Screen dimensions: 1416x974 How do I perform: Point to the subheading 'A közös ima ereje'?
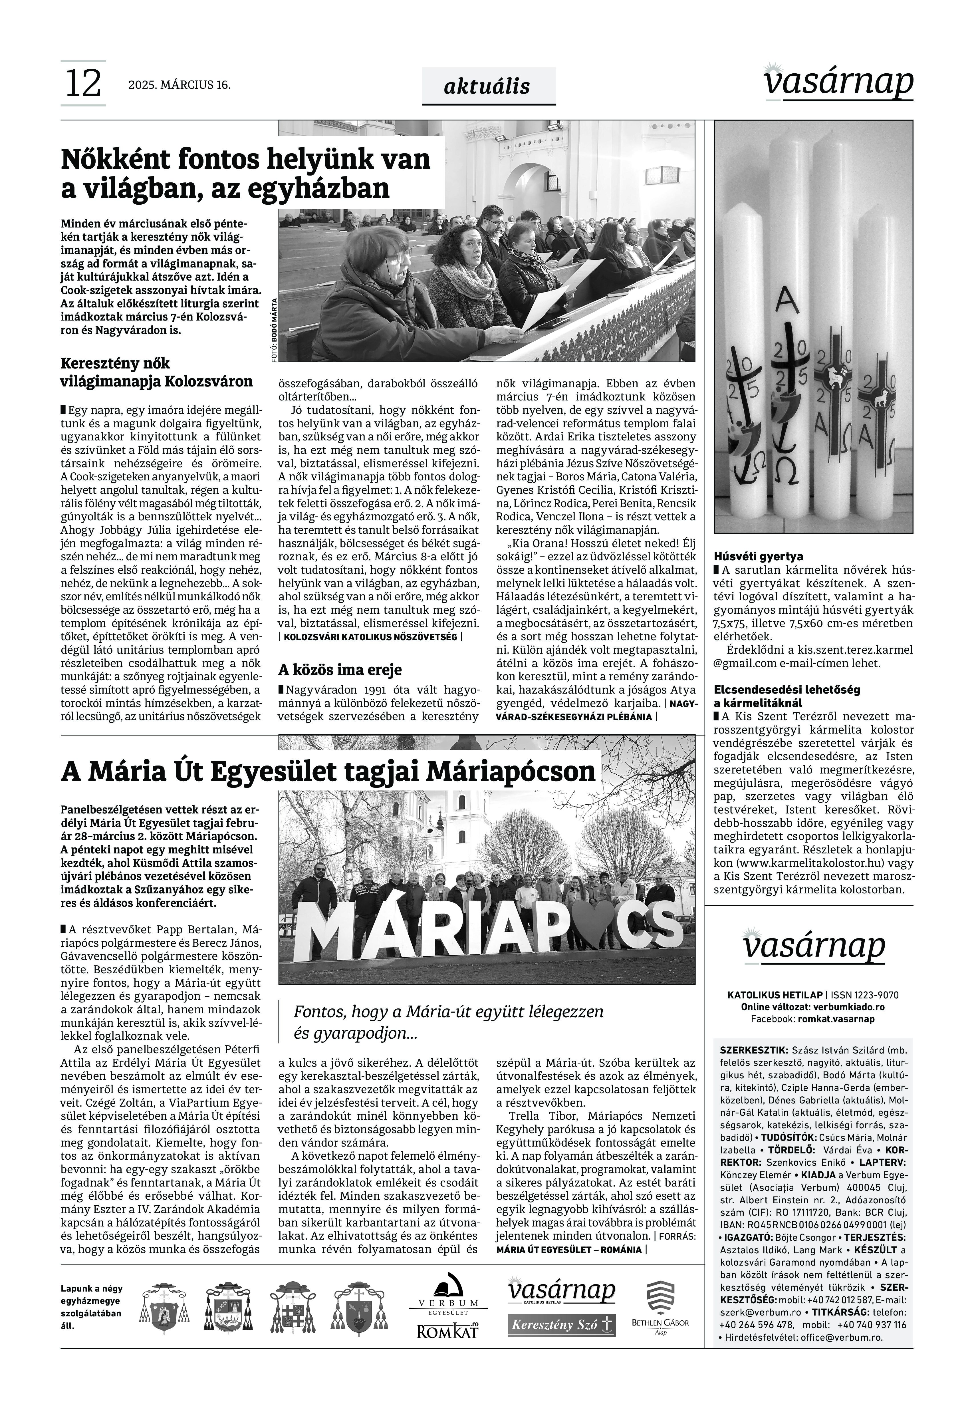point(340,670)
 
